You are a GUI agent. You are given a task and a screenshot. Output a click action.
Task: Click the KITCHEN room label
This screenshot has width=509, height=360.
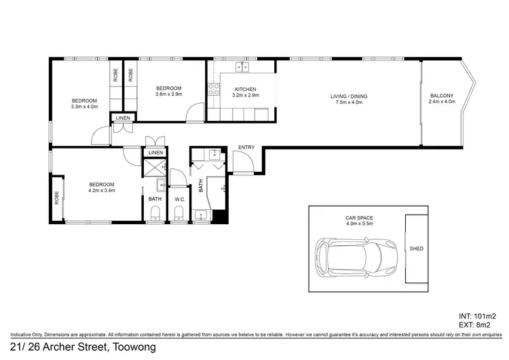245,89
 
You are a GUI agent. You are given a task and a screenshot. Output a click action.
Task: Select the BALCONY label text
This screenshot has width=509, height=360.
441,95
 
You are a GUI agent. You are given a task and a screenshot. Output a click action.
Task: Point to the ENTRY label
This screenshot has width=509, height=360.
245,147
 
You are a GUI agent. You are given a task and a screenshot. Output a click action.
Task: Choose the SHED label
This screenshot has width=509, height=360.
417,249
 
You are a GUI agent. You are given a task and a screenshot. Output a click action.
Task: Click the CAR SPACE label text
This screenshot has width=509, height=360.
360,217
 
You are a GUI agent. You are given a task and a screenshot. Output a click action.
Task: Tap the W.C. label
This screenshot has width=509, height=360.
180,199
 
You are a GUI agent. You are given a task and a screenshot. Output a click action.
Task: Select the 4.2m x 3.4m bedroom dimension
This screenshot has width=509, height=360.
102,191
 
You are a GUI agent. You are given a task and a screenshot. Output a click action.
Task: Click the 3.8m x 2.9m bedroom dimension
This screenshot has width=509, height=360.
168,95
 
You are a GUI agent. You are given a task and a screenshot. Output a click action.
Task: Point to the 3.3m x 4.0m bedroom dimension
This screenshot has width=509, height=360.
85,107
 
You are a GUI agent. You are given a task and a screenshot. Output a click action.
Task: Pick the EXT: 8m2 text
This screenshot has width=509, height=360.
478,325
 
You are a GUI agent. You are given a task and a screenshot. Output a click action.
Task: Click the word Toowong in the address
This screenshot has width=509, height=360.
135,348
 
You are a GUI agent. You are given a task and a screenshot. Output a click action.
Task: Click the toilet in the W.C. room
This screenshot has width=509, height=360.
179,215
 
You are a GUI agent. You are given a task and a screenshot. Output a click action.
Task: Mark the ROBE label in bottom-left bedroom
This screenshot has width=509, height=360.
56,198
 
